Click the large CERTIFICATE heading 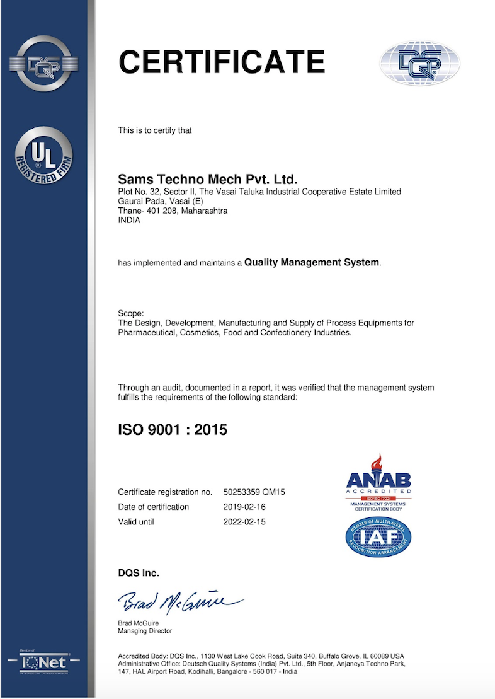coord(221,62)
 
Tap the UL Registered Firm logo coord(43,154)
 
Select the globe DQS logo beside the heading coord(419,63)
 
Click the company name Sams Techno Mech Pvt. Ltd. coord(208,179)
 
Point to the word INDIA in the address coord(129,221)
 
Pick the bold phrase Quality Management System coord(312,262)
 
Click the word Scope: coord(131,314)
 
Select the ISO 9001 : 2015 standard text coord(173,430)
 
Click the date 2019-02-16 coord(245,507)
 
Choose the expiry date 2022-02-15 coord(245,522)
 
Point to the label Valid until coord(136,522)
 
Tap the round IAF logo coord(378,536)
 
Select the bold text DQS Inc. coord(139,573)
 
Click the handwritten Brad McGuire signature coord(179,601)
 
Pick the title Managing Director coord(145,631)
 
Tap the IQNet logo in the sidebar coord(43,664)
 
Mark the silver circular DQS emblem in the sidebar coord(43,64)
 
